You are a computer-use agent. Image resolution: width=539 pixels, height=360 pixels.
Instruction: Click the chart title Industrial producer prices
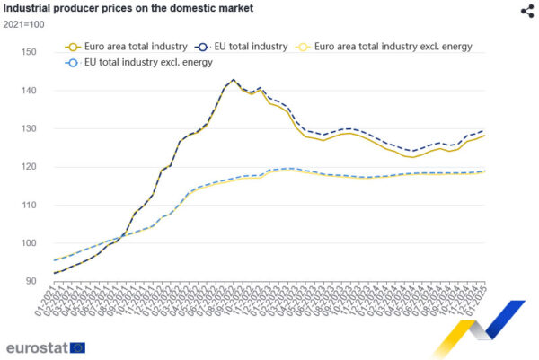[x=128, y=8]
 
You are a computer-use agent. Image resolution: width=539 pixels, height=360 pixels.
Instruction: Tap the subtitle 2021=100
[x=24, y=25]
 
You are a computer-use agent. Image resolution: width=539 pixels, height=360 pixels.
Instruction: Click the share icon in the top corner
[x=526, y=11]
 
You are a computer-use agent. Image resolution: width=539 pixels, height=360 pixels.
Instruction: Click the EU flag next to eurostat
[x=78, y=347]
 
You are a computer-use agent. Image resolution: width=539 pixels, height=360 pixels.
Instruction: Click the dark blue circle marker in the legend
[x=201, y=45]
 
